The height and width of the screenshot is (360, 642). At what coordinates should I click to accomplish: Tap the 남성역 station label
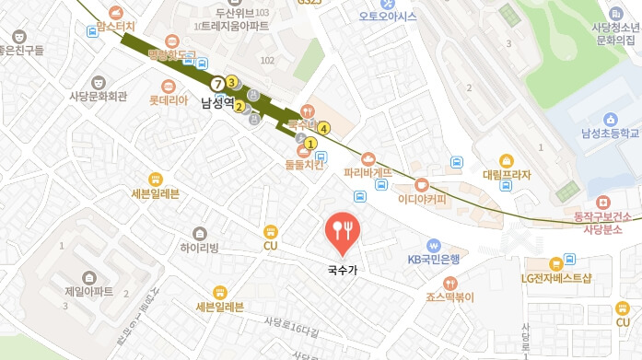(218, 103)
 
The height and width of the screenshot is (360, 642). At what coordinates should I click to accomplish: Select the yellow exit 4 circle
(324, 128)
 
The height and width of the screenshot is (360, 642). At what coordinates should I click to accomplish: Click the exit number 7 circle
(217, 84)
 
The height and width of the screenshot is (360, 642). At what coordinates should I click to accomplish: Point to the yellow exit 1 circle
(311, 144)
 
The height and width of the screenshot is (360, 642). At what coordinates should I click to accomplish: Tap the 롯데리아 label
(169, 99)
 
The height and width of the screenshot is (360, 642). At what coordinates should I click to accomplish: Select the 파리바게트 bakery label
(368, 172)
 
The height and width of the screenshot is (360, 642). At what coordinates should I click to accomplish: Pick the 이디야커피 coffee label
(421, 197)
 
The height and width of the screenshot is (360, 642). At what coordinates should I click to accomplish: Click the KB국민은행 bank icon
(433, 245)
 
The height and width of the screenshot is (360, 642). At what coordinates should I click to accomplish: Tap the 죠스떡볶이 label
(449, 297)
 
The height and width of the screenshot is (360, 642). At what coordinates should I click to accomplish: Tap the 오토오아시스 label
(388, 17)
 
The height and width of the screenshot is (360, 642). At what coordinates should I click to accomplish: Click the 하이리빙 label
(200, 248)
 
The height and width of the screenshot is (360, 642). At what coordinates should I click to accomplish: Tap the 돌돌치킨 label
(304, 165)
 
